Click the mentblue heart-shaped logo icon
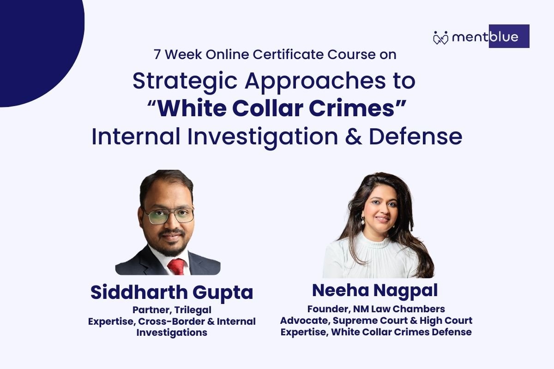tap(440, 38)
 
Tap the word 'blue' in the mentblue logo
tap(504, 37)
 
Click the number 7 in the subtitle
tap(157, 54)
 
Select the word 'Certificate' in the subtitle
tap(288, 54)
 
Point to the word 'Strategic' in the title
tap(185, 82)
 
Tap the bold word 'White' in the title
tap(192, 108)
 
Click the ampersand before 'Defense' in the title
tap(353, 137)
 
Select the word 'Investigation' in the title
tap(263, 137)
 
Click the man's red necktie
tap(176, 267)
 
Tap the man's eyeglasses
tap(169, 215)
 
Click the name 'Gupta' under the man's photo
tap(223, 293)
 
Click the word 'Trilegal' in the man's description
tap(193, 310)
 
